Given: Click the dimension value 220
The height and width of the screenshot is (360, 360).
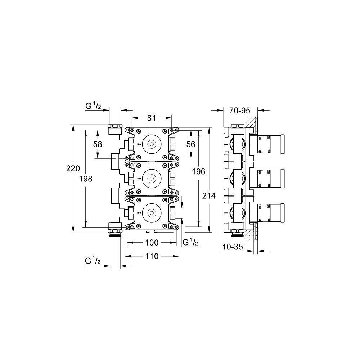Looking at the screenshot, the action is [73, 168].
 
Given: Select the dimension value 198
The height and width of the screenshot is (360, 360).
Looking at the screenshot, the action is [86, 179].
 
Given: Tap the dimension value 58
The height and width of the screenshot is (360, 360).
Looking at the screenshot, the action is [98, 144].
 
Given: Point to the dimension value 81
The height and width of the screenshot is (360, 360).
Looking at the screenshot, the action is [152, 118].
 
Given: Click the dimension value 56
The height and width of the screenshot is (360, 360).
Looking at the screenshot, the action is [191, 144].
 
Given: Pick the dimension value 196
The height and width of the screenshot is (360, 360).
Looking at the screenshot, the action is [199, 171].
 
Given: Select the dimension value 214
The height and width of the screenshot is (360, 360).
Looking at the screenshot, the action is [209, 196].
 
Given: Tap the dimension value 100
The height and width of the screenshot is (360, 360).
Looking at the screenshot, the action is [152, 243].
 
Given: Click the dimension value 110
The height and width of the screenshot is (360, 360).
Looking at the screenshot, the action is [152, 256].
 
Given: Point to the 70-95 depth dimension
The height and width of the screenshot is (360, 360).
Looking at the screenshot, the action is [239, 111].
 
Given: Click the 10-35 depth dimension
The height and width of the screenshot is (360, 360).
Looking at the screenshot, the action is [233, 247].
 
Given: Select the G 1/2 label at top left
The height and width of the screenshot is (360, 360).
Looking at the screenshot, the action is [93, 106].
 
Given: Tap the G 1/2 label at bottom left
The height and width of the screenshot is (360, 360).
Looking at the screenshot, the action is [93, 261].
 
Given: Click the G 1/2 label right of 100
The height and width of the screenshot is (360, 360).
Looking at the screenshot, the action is [190, 242].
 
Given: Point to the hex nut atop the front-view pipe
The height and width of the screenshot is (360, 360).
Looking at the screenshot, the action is [114, 126].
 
